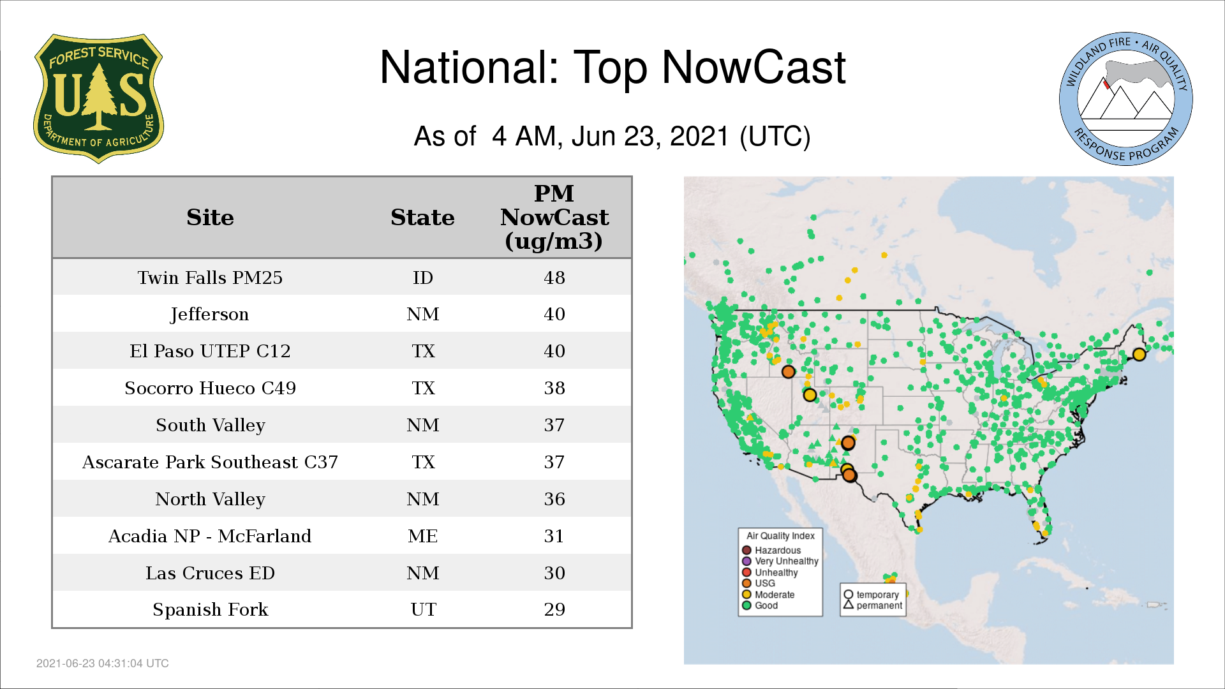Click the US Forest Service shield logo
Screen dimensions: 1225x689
point(98,99)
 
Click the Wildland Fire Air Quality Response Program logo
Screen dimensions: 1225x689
point(1126,99)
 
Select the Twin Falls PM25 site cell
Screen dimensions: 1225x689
point(210,278)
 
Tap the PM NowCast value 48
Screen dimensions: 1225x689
point(554,278)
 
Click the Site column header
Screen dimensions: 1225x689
point(210,218)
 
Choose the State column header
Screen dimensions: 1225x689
point(422,218)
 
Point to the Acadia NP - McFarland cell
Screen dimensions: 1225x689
point(210,536)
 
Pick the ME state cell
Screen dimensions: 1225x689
point(423,536)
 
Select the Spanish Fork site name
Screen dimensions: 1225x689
point(210,609)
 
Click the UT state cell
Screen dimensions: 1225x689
point(423,609)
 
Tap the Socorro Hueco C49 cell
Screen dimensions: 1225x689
point(210,388)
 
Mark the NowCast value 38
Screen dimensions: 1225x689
point(554,388)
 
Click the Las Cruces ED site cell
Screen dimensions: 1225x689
point(210,573)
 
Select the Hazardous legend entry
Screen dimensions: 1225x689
point(771,550)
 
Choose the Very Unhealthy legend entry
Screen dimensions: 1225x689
point(780,561)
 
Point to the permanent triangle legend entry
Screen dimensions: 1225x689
point(873,605)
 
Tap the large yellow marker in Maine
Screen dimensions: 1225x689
point(1139,354)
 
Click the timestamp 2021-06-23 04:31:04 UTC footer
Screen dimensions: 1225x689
point(103,663)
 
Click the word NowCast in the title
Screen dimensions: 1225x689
point(754,67)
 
